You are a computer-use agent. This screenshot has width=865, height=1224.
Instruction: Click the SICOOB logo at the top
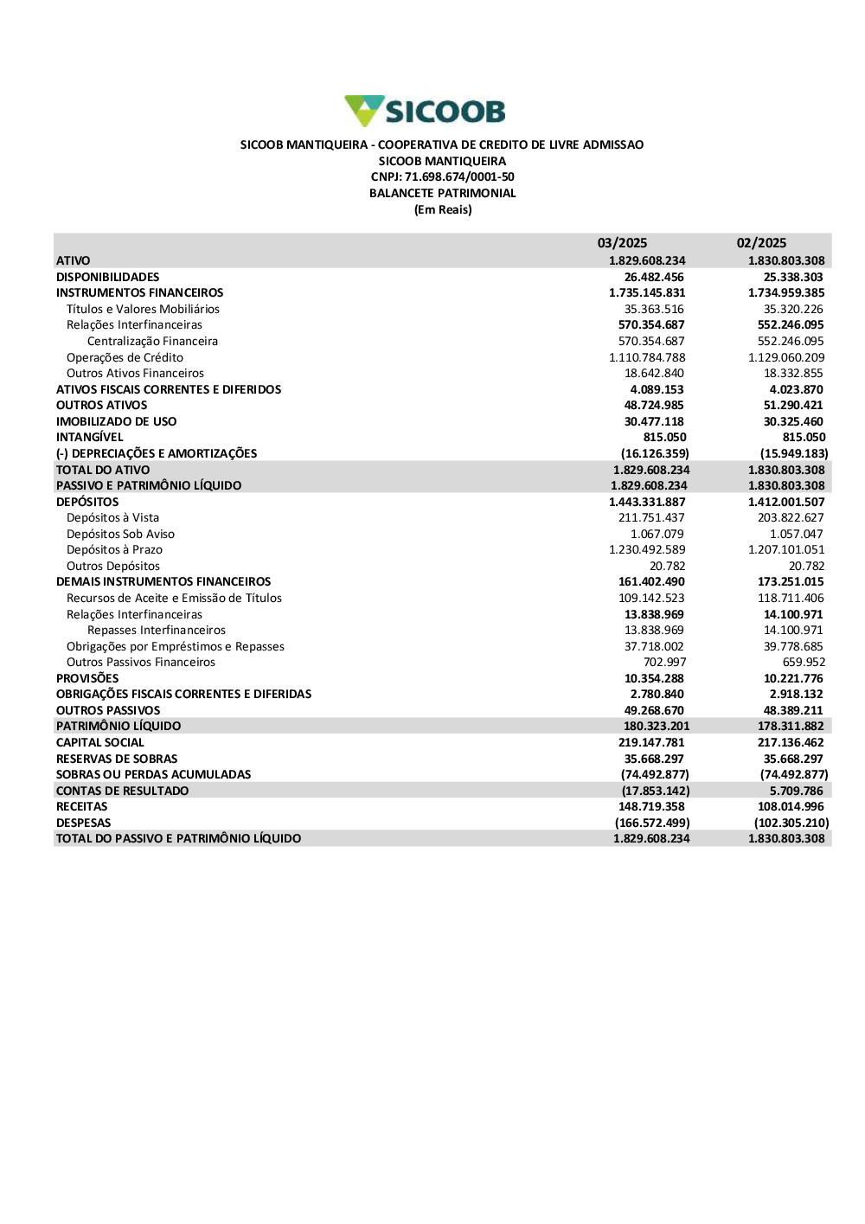click(x=425, y=112)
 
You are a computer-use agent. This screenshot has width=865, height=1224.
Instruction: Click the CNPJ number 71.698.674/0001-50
click(x=459, y=177)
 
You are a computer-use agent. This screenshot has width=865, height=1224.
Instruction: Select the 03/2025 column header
click(x=622, y=243)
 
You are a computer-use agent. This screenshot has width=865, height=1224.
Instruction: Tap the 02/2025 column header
click(x=761, y=243)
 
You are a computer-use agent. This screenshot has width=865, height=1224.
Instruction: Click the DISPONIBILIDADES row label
click(x=108, y=277)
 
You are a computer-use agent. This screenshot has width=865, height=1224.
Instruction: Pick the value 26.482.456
click(x=654, y=277)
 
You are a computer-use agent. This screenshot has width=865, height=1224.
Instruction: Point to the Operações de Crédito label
click(x=125, y=357)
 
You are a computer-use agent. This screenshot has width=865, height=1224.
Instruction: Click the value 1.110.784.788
click(x=647, y=357)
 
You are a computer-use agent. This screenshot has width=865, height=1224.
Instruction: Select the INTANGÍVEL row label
click(x=90, y=438)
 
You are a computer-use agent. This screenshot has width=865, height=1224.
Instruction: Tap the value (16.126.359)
click(x=655, y=453)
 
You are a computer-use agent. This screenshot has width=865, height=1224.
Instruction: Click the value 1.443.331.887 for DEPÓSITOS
click(x=647, y=502)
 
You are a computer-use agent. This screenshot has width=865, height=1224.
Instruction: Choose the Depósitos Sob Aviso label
click(x=120, y=534)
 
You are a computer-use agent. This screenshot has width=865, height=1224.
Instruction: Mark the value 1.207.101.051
click(x=786, y=550)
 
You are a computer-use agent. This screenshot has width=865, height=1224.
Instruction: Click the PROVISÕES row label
click(x=87, y=678)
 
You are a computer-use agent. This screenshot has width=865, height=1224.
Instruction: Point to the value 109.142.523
click(x=651, y=598)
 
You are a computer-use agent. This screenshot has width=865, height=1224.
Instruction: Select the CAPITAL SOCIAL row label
click(x=100, y=743)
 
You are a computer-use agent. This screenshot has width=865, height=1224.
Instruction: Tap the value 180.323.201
click(x=657, y=727)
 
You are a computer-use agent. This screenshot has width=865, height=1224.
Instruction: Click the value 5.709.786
click(x=797, y=791)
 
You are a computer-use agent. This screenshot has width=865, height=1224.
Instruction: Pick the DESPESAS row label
click(x=83, y=823)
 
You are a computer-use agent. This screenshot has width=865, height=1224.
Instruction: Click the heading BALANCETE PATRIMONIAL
click(x=442, y=194)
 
